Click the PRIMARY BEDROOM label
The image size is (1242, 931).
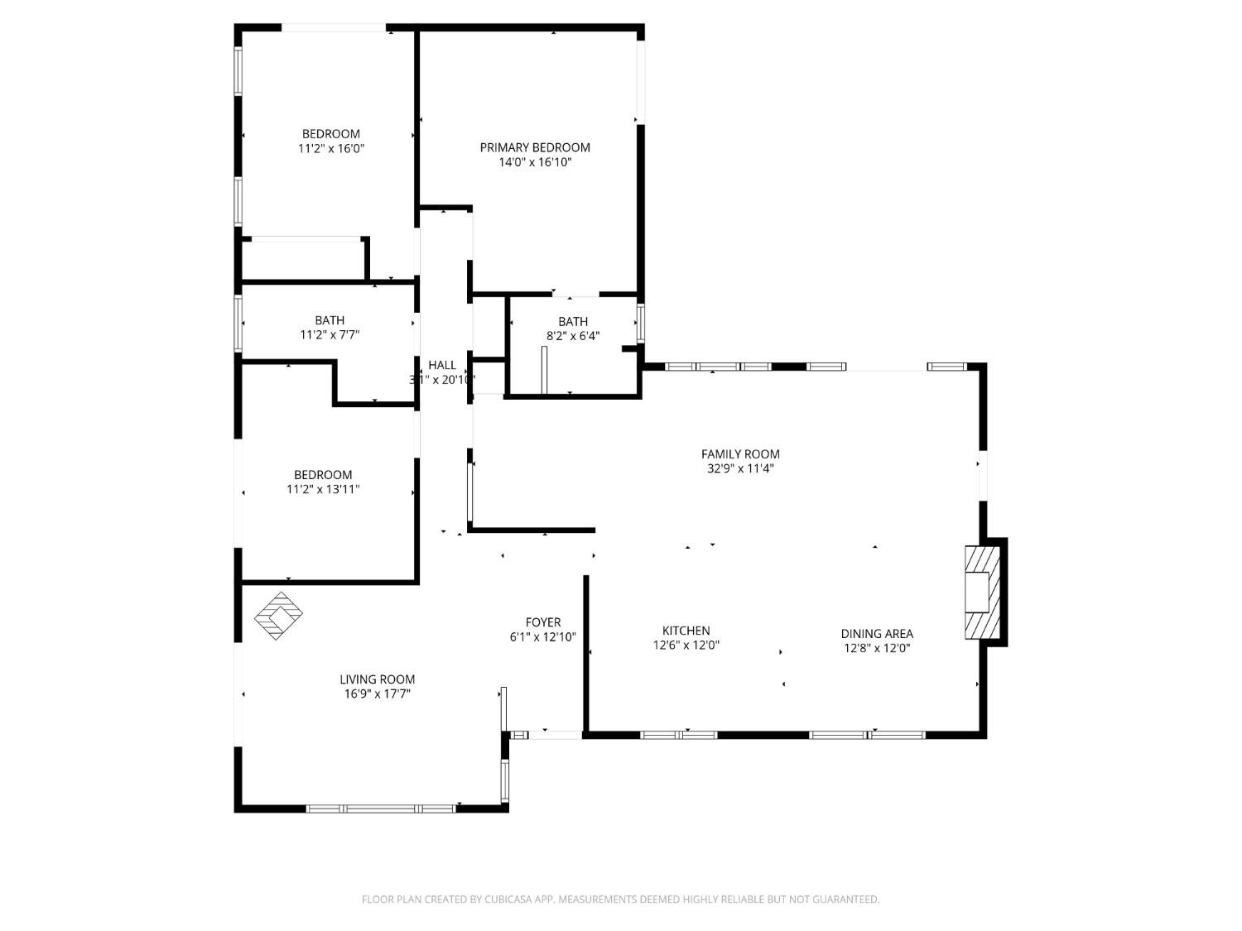535,147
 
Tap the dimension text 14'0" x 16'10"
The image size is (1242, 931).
535,162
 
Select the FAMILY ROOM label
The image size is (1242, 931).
740,454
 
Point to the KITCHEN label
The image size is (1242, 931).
686,631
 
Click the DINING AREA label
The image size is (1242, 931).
877,634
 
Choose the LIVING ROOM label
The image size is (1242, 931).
377,679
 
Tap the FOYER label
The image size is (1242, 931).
543,622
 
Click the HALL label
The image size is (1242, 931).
442,365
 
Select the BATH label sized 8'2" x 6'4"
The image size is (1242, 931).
573,321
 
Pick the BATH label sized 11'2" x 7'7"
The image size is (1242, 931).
330,320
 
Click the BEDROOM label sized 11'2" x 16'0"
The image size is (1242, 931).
330,134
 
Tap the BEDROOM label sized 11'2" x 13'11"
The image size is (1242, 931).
323,475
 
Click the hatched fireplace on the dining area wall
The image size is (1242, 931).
983,592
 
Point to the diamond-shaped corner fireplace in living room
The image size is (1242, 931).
278,616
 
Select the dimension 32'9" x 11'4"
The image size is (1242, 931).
740,468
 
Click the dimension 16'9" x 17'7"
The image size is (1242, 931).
377,694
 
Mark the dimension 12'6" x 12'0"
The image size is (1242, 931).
686,645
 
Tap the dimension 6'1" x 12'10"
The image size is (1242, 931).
543,637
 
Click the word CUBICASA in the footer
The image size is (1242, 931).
508,900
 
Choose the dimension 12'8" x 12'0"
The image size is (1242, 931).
877,649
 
